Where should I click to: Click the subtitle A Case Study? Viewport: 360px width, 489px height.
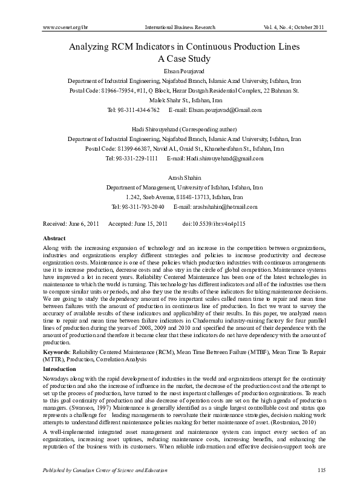pyautogui.click(x=180, y=59)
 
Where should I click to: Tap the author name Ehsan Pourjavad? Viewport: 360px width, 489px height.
pyautogui.click(x=180, y=71)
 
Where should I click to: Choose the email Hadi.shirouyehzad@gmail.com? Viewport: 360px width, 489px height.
pyautogui.click(x=224, y=158)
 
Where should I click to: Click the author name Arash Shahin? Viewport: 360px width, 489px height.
pyautogui.click(x=180, y=178)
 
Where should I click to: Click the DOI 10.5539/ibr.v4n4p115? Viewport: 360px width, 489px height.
pyautogui.click(x=222, y=224)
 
